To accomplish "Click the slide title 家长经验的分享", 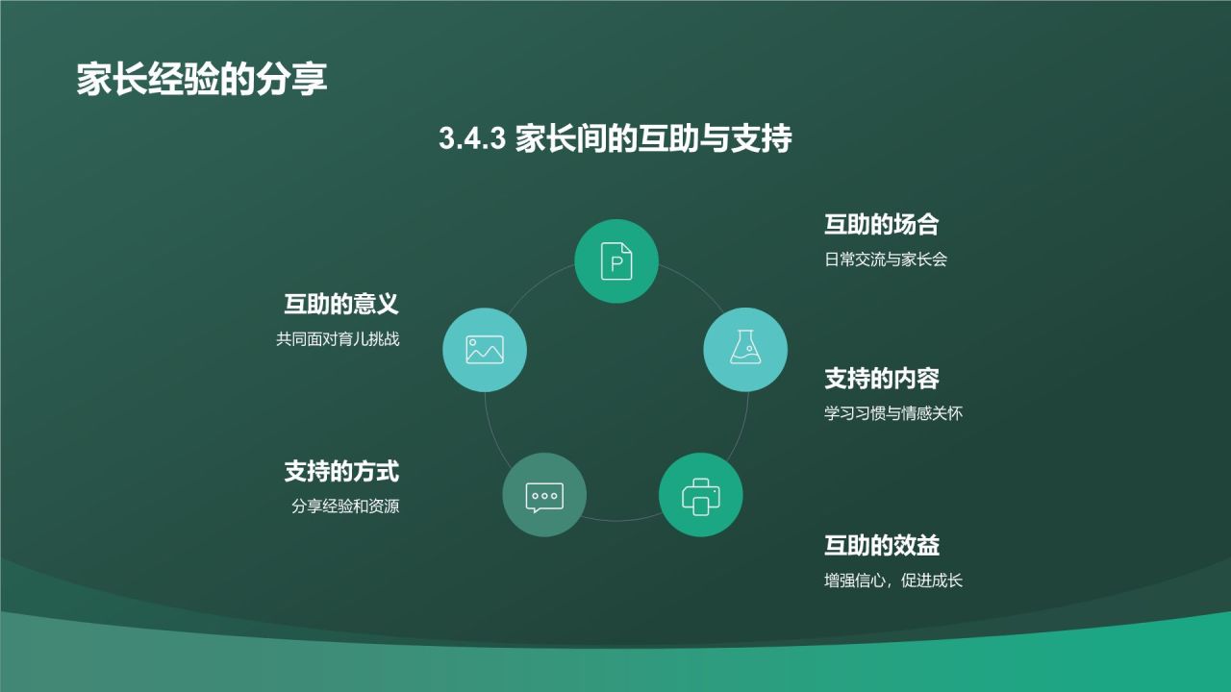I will pos(202,80).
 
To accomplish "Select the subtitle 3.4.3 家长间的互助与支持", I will pos(615,138).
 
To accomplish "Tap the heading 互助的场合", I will pos(881,225).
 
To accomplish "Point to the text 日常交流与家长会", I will pos(886,259).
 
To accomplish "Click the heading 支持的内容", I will pos(881,379).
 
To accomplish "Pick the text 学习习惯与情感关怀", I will pos(893,414).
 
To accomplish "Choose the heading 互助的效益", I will pos(881,546).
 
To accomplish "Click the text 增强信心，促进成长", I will pos(893,581).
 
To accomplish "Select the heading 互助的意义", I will pos(340,305).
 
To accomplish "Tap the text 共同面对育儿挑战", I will pos(338,339).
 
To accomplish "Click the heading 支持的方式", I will pos(340,471).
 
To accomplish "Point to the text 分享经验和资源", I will pos(345,507).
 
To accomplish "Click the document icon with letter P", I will pos(616,260).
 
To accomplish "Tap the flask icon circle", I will pos(745,349).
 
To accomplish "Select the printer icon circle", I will pos(700,495).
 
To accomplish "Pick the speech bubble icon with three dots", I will pos(544,496).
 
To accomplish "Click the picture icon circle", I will pos(485,349).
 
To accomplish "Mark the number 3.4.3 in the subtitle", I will pos(472,139).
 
